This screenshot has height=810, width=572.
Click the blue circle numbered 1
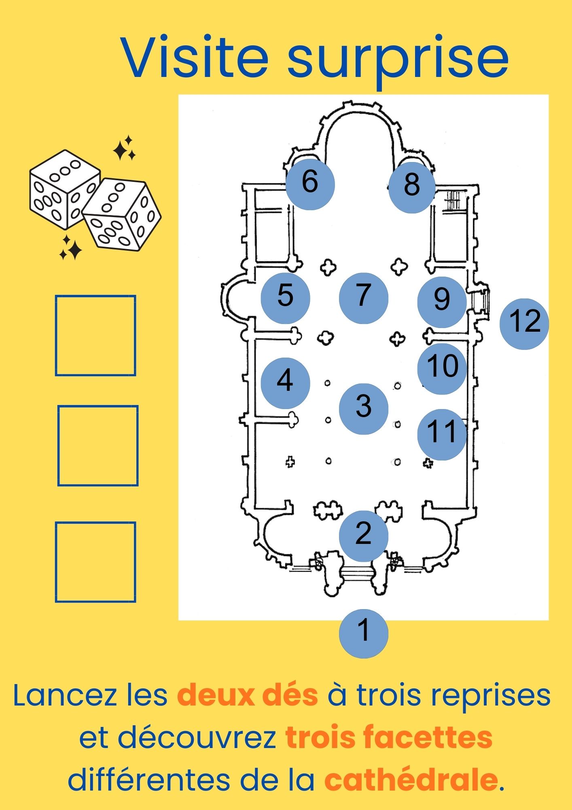click(x=363, y=633)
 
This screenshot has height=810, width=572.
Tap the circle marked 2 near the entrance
click(x=363, y=536)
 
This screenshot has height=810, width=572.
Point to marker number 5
click(x=285, y=298)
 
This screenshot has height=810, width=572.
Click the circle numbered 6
click(x=310, y=185)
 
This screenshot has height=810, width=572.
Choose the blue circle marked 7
click(x=363, y=298)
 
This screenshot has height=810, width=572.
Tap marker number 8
click(x=412, y=188)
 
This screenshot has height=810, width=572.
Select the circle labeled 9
click(x=442, y=302)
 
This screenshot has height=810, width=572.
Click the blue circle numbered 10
click(x=442, y=369)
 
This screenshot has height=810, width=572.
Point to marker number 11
click(x=442, y=435)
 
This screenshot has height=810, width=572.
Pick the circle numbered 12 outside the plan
click(x=524, y=324)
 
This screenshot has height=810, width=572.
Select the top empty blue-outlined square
click(x=95, y=335)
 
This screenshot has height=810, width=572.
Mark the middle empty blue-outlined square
click(x=98, y=446)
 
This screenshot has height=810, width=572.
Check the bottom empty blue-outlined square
click(x=95, y=562)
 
